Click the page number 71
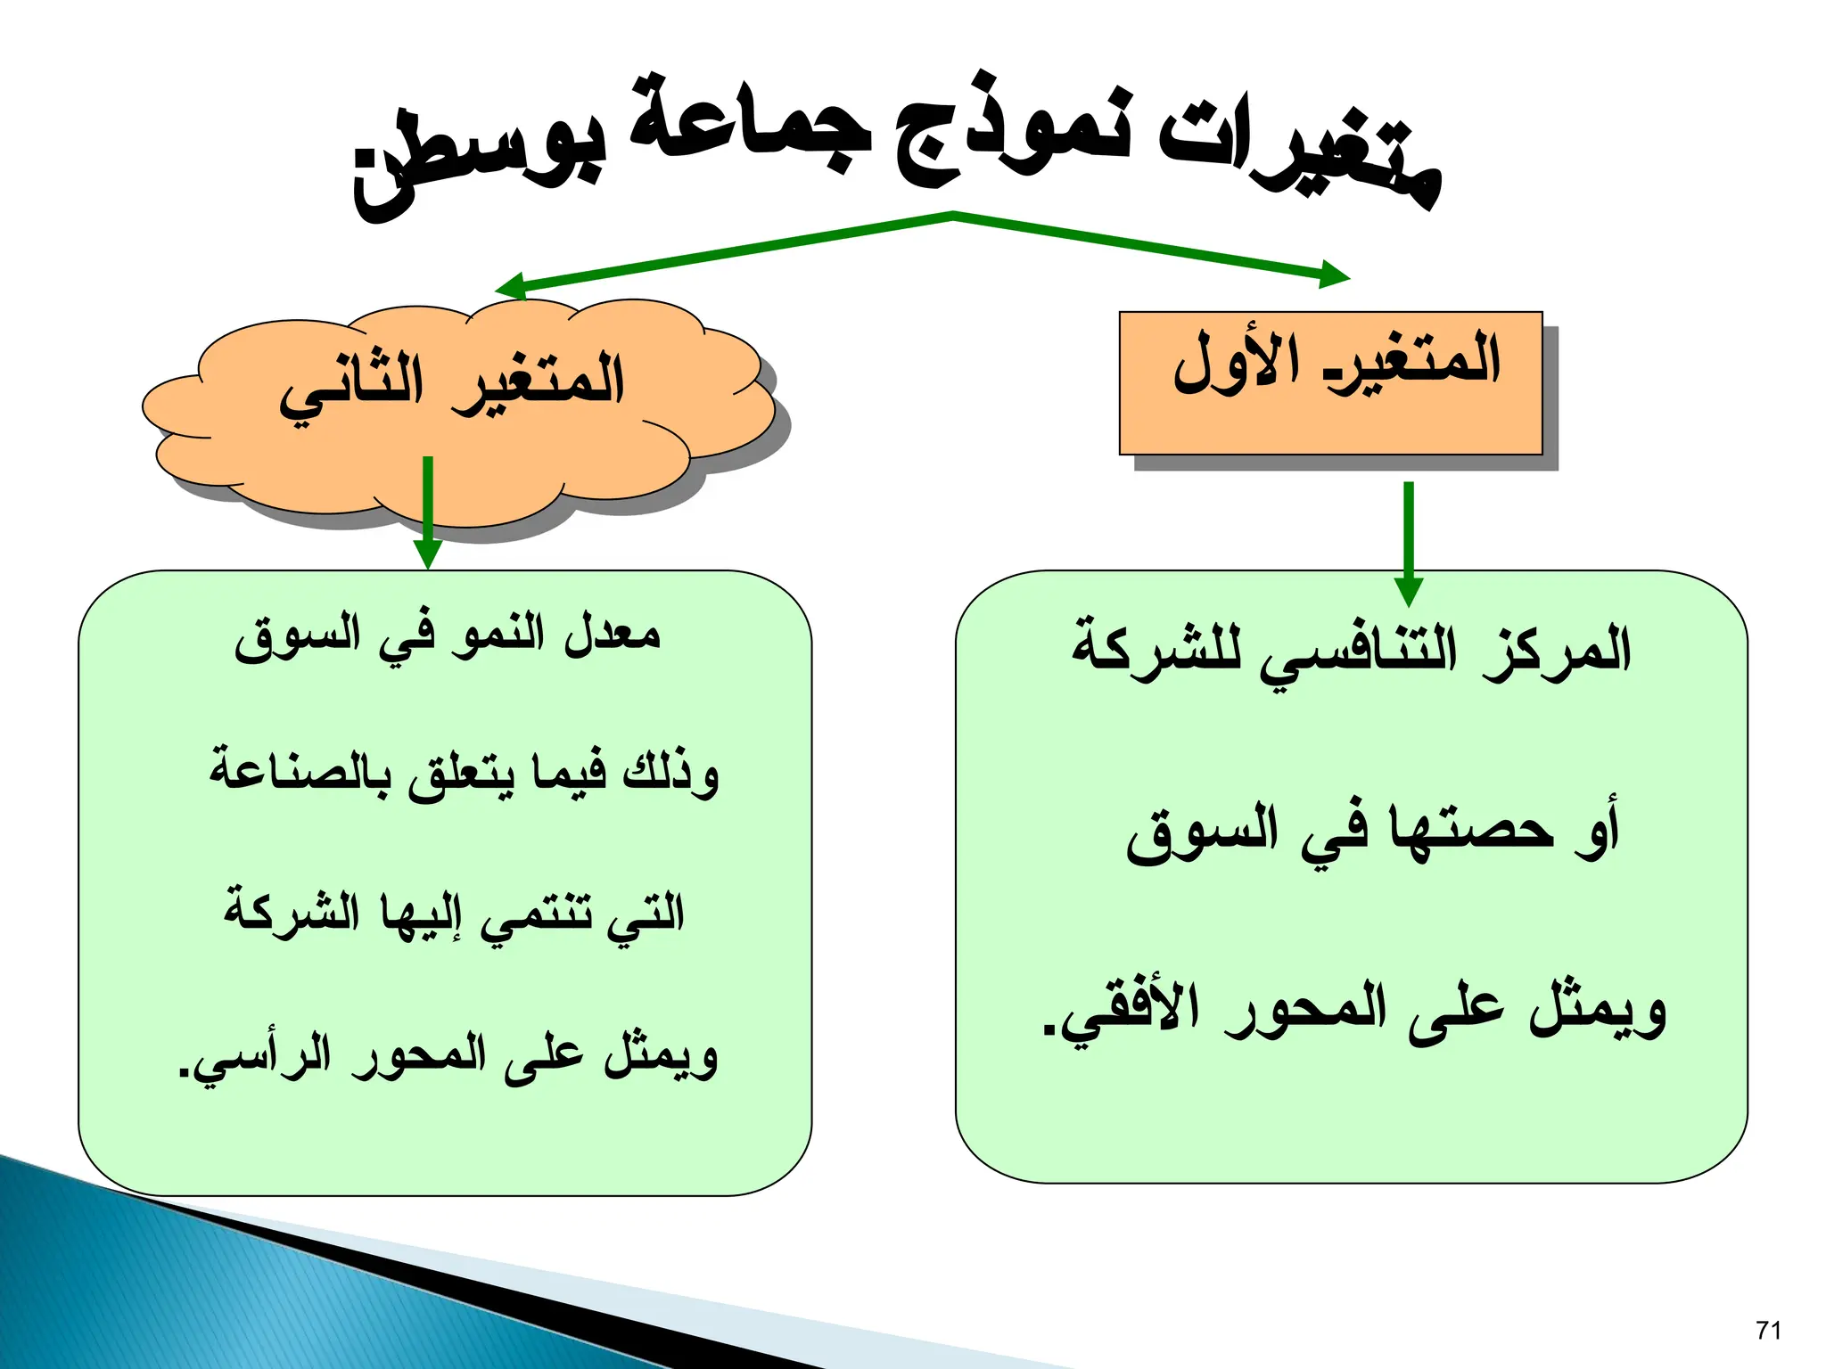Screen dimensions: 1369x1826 pyautogui.click(x=1768, y=1331)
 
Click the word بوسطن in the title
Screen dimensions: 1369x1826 pyautogui.click(x=481, y=160)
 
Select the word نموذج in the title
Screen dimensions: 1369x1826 pyautogui.click(x=1012, y=134)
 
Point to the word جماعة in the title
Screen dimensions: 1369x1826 pyautogui.click(x=749, y=125)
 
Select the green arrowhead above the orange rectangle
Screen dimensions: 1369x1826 pyautogui.click(x=1334, y=275)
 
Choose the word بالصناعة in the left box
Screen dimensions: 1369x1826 pyautogui.click(x=300, y=772)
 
